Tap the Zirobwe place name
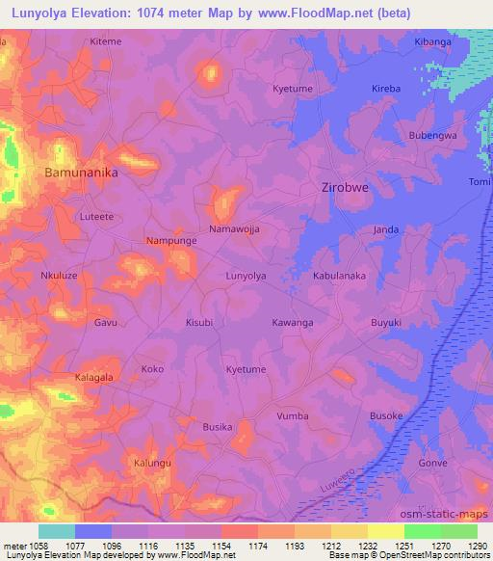point(344,189)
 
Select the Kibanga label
point(432,42)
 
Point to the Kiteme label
point(105,42)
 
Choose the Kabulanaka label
point(339,276)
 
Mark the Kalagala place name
point(95,377)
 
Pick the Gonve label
point(433,464)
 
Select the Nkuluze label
point(58,276)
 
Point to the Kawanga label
point(293,322)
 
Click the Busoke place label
point(386,415)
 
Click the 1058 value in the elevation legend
point(30,547)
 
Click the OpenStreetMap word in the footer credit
point(423,556)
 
